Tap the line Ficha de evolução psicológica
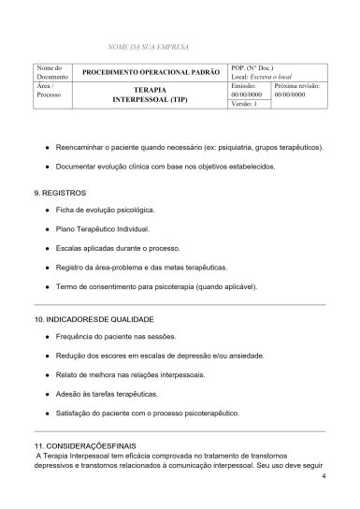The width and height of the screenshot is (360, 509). tap(105, 210)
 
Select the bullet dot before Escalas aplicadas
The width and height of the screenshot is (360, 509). tap(46, 248)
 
